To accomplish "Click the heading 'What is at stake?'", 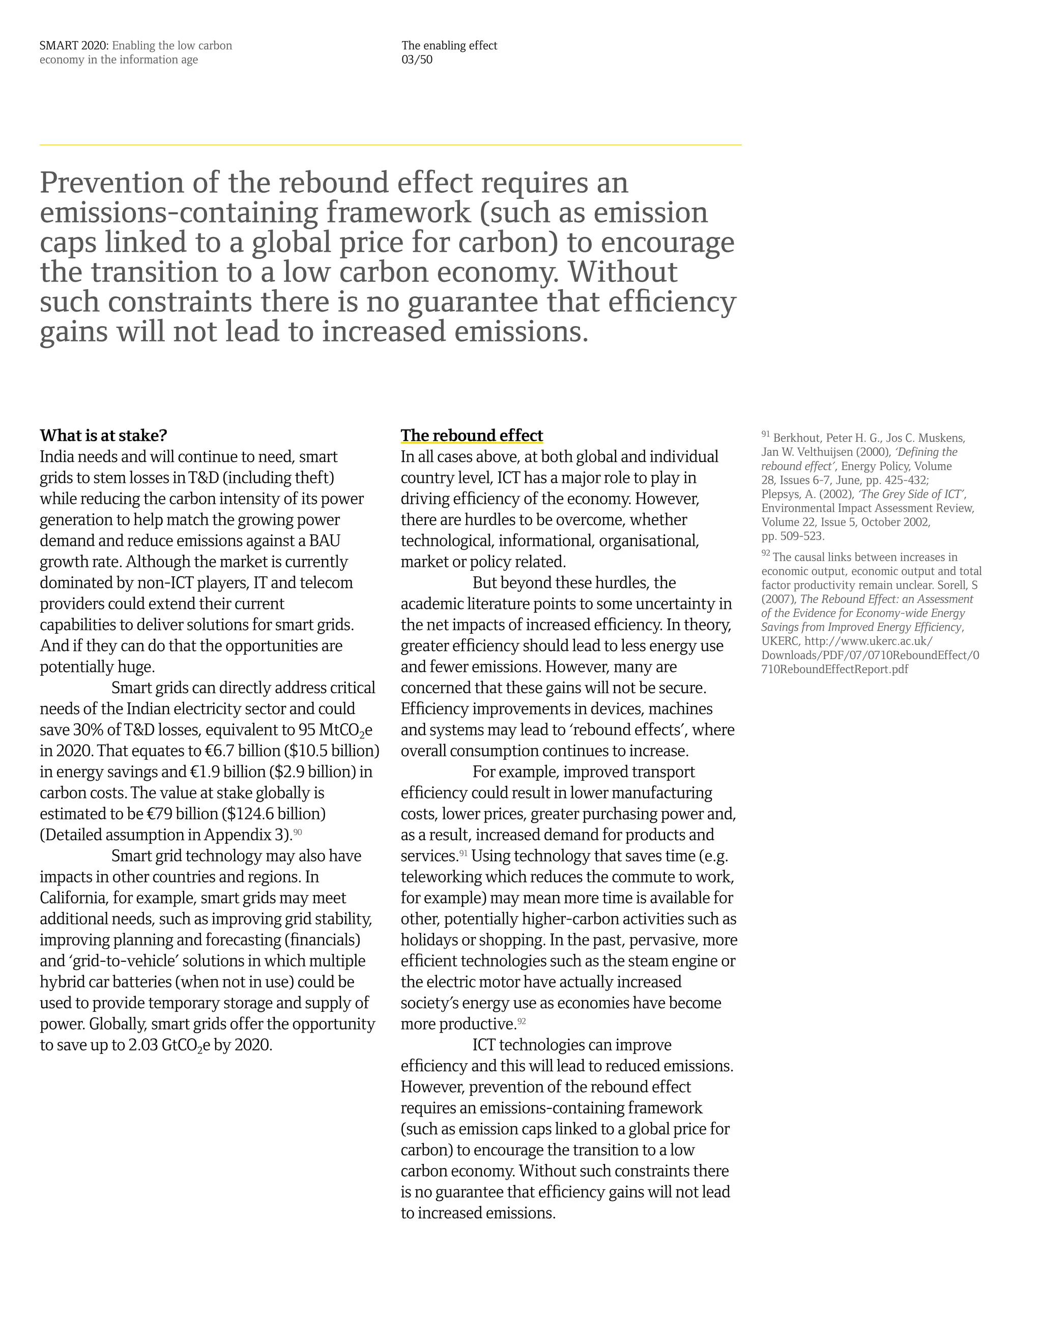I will [103, 436].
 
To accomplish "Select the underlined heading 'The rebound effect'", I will [472, 436].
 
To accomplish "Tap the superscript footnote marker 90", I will [298, 832].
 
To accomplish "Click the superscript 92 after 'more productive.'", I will [522, 1021].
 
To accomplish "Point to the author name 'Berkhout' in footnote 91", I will [796, 438].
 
